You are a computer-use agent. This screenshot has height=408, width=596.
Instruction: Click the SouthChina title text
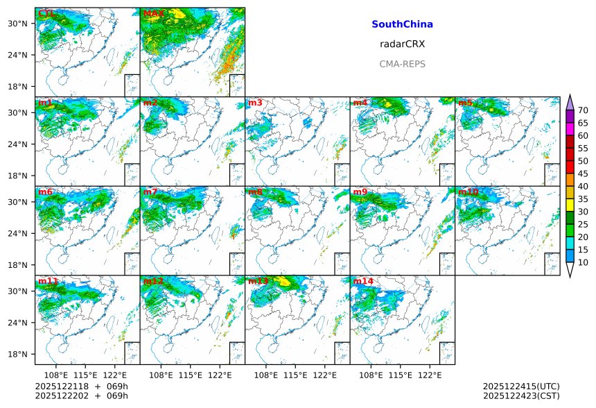(x=402, y=24)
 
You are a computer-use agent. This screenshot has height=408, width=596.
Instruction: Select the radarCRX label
(x=402, y=44)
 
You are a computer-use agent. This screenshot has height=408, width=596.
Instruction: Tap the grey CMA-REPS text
(x=402, y=64)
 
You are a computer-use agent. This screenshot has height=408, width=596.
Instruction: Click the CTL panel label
(x=46, y=13)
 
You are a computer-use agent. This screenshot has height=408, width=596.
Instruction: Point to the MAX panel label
(x=154, y=13)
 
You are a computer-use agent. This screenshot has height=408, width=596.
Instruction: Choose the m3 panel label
(x=255, y=103)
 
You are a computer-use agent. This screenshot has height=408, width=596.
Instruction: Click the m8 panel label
(x=255, y=192)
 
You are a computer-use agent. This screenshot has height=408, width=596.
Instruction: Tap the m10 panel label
(x=468, y=192)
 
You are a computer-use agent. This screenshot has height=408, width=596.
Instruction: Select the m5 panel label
(x=465, y=103)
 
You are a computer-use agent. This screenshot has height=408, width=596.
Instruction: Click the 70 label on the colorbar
(x=583, y=110)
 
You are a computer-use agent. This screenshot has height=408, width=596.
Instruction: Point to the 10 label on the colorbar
(x=583, y=262)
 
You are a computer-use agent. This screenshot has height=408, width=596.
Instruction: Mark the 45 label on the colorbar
(x=583, y=173)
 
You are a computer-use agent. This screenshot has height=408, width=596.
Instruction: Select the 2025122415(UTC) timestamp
(x=521, y=386)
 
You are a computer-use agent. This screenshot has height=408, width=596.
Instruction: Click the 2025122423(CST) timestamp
(x=521, y=396)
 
